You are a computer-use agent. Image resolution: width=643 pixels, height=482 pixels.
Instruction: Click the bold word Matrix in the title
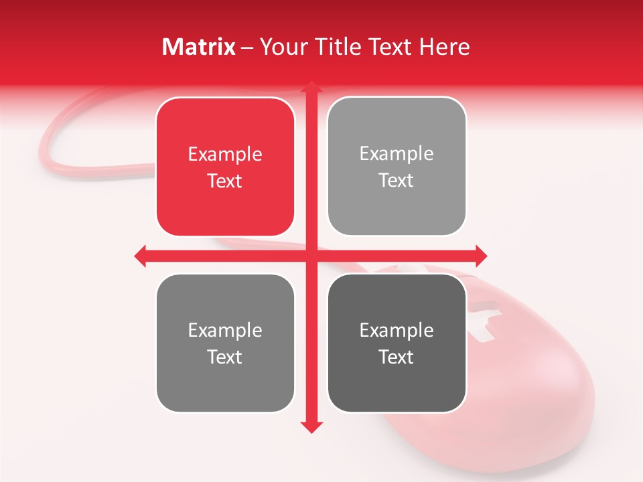[x=199, y=47]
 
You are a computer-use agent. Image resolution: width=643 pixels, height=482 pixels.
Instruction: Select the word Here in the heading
[x=444, y=47]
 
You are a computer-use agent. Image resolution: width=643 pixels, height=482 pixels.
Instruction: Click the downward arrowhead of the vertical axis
[x=310, y=427]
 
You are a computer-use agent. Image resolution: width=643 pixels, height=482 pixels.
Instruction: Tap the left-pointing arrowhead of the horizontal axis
[x=140, y=256]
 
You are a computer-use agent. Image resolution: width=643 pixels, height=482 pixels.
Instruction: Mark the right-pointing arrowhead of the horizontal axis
[x=481, y=256]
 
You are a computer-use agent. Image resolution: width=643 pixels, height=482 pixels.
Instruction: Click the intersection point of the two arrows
[x=310, y=256]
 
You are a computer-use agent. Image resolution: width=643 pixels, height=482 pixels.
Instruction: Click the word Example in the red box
[x=225, y=155]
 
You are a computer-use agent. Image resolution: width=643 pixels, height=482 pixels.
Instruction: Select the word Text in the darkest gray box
[x=397, y=357]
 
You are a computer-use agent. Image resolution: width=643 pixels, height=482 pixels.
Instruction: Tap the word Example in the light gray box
[x=397, y=154]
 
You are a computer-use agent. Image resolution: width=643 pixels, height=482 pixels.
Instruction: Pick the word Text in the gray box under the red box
[x=225, y=357]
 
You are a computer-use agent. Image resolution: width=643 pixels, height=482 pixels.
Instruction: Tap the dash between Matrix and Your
[x=248, y=48]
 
